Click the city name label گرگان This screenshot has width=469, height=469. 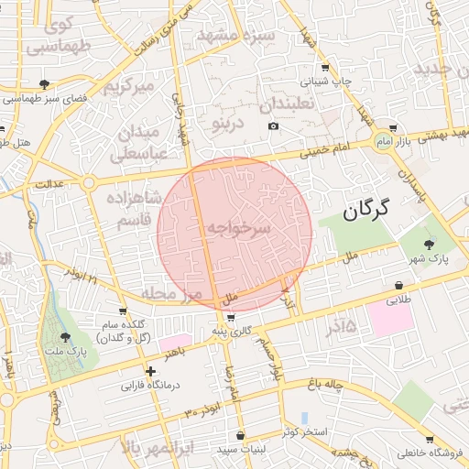coord(366,210)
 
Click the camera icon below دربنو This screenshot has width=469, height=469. coord(273,125)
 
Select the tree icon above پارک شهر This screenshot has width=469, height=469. coord(430,244)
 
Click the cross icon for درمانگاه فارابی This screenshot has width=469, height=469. coord(151,371)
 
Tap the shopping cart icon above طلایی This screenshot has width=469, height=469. coord(398,285)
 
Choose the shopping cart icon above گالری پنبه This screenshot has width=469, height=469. coord(217,317)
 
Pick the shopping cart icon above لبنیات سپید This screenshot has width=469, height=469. coord(240,435)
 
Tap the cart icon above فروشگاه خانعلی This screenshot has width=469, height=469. coord(431,440)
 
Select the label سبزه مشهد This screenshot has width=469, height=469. coord(236,37)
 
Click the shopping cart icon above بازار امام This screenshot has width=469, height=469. coord(393,128)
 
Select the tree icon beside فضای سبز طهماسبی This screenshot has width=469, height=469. coord(45,84)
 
